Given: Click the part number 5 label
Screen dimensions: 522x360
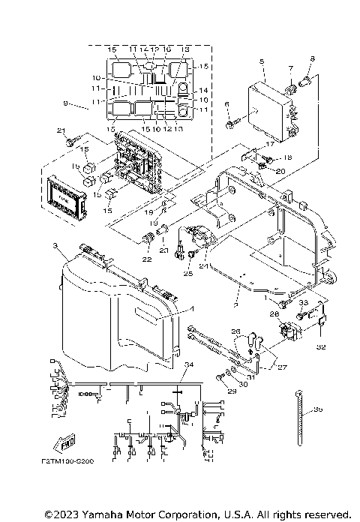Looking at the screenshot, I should [x=261, y=61].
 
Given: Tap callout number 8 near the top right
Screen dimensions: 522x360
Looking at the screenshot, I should [x=313, y=58].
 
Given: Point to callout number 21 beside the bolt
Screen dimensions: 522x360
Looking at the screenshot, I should [x=61, y=130].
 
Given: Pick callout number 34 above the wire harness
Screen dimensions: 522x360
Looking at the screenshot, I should [x=188, y=364].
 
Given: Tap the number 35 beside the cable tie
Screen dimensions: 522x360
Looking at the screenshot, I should [x=319, y=409].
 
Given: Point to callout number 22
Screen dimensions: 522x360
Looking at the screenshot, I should [x=147, y=259].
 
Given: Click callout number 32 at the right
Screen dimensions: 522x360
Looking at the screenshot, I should [x=321, y=347].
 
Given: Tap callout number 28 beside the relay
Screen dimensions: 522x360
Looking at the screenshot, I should [x=274, y=313].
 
